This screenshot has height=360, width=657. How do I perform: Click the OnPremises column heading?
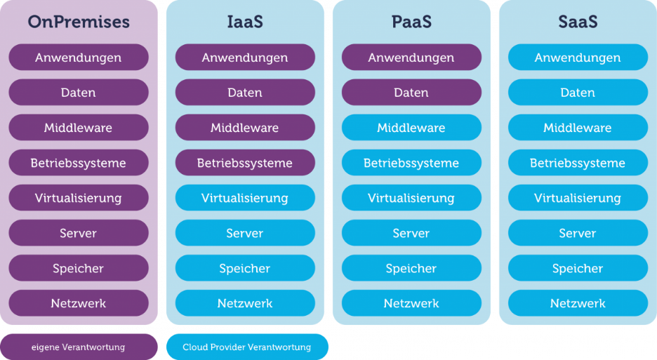coord(79,22)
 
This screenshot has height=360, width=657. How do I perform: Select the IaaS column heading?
coord(245,22)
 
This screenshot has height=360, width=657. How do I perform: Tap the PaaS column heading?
coord(411,22)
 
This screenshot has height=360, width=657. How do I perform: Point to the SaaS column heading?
coord(578,22)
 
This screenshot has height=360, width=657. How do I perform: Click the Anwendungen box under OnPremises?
coord(79,58)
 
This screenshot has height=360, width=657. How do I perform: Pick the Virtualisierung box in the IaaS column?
coord(245,198)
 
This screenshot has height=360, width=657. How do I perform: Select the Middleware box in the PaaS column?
coord(411,128)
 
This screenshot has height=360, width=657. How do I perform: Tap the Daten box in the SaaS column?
coord(578,93)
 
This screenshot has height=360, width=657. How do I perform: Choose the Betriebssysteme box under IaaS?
coord(245,163)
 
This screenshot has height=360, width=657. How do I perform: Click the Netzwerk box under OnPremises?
coord(79,303)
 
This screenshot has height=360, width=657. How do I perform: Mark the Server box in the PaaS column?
coord(411,233)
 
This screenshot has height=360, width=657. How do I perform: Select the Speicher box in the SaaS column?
coord(578,268)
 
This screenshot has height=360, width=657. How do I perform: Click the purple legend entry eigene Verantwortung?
coord(79,347)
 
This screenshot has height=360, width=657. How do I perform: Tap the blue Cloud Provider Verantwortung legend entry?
coord(247,347)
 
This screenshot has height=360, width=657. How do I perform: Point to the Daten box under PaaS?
coord(411,93)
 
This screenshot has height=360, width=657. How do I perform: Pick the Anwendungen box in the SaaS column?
coord(578,58)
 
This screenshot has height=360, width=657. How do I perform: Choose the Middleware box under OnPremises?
coord(79,128)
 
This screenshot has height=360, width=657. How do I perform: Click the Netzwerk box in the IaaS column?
coord(245,303)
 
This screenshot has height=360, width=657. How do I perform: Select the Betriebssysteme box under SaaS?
coord(578,163)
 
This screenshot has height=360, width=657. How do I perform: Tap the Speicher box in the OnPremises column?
coord(79,268)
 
